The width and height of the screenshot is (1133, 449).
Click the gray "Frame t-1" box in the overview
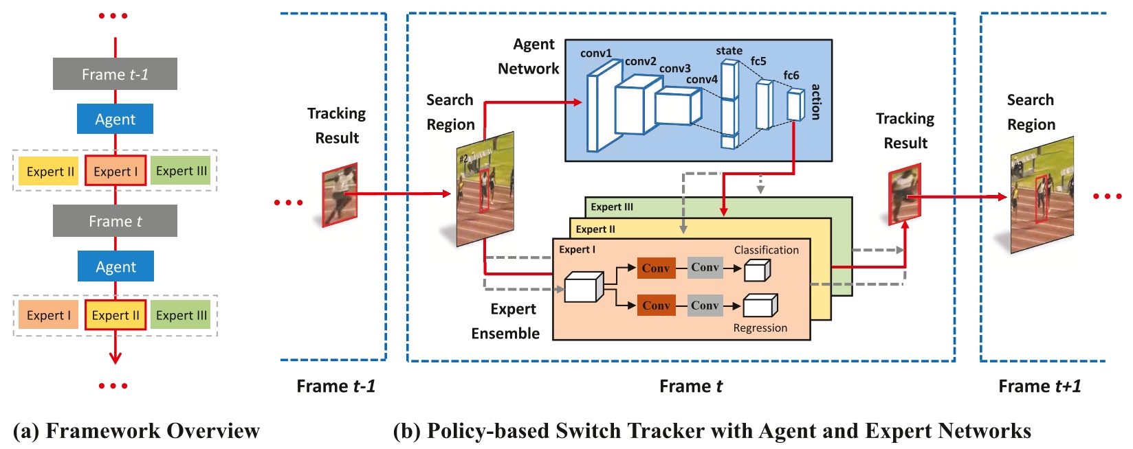tap(115, 74)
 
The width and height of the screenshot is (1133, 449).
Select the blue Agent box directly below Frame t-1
tap(115, 119)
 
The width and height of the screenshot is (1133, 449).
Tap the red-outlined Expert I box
tap(115, 172)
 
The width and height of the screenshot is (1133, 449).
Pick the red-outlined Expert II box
tap(115, 315)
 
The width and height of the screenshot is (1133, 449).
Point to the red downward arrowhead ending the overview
tap(115, 358)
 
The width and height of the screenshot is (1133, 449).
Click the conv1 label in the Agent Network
tap(595, 54)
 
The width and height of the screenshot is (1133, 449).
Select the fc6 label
tap(791, 76)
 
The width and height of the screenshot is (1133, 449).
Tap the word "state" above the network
tap(729, 51)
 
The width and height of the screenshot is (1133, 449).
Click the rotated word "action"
tap(816, 102)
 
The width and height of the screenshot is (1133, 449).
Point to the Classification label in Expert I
tap(766, 250)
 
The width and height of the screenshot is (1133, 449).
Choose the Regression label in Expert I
tap(760, 328)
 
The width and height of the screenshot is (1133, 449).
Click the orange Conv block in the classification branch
tap(656, 268)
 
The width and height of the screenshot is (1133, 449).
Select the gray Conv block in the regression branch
tap(705, 306)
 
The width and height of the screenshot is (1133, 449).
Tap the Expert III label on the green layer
tap(612, 207)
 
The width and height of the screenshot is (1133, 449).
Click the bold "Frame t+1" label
tap(1039, 387)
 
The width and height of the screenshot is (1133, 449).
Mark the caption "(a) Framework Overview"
tap(136, 431)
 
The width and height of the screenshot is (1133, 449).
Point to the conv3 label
tap(674, 69)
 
